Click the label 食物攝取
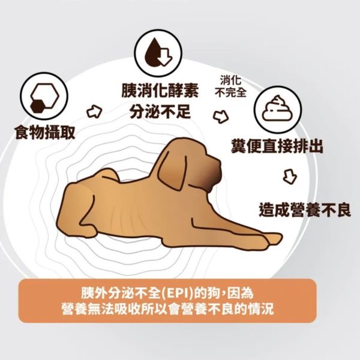coord(45,133)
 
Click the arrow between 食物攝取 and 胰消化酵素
coord(94,111)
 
